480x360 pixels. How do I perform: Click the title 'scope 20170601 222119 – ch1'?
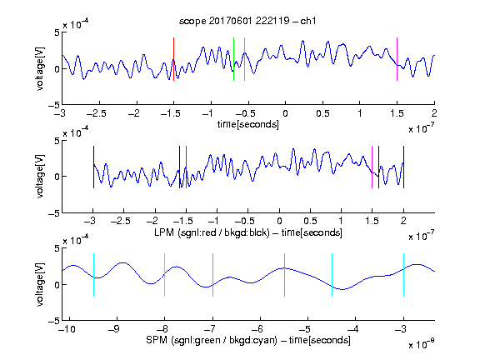[x=247, y=21]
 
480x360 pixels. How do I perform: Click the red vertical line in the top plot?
[x=173, y=59]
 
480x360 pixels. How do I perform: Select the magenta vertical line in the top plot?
[x=397, y=59]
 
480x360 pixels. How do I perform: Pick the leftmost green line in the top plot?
[x=233, y=59]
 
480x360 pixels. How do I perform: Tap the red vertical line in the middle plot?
[x=186, y=167]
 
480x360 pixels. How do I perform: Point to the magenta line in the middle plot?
[x=372, y=167]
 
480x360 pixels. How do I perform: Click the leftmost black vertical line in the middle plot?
[x=93, y=167]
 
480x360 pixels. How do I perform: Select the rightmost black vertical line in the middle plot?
[x=403, y=167]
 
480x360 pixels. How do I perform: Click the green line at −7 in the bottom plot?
[x=212, y=275]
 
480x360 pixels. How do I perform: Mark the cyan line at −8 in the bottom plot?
[x=164, y=275]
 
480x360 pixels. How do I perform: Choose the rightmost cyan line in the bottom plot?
[x=403, y=275]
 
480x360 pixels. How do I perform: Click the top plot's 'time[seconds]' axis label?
[x=248, y=124]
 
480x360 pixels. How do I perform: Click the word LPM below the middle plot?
[x=164, y=232]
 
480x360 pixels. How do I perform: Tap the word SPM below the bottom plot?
[x=157, y=340]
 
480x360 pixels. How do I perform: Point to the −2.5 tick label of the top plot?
[x=97, y=113]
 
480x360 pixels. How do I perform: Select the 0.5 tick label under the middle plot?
[x=310, y=221]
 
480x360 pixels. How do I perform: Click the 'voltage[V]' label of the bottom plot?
[x=40, y=284]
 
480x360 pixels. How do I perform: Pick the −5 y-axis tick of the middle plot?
[x=54, y=213]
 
